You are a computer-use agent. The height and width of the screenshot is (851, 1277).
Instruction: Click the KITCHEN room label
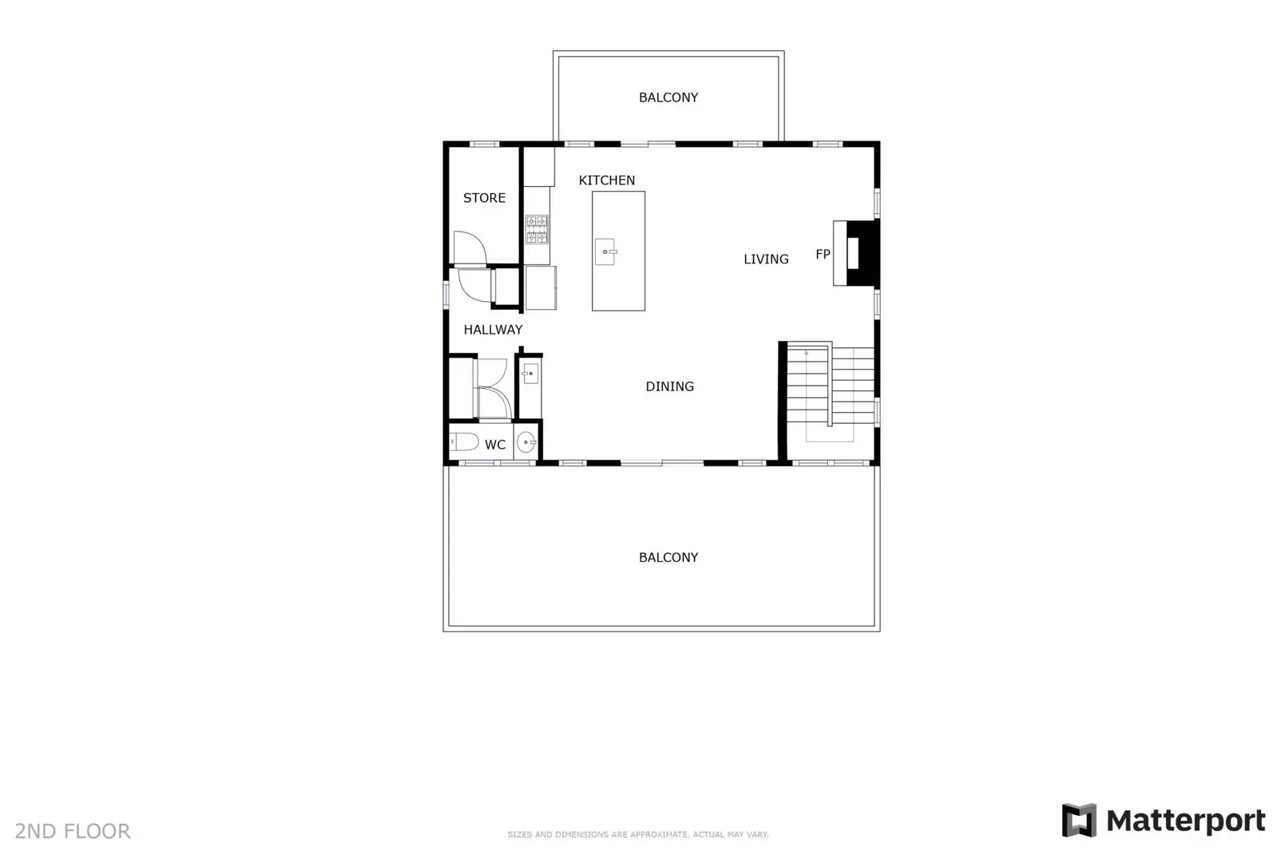pyautogui.click(x=606, y=180)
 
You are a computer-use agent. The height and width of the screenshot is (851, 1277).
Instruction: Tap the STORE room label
pyautogui.click(x=484, y=198)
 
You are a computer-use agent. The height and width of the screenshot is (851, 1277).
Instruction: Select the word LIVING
pyautogui.click(x=765, y=259)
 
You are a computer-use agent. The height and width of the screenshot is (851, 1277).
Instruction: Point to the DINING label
pyautogui.click(x=669, y=386)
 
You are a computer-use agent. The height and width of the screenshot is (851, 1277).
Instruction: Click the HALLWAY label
pyautogui.click(x=493, y=330)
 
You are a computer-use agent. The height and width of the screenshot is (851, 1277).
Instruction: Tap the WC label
pyautogui.click(x=494, y=445)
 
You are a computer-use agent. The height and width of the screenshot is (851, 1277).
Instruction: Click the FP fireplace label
pyautogui.click(x=823, y=255)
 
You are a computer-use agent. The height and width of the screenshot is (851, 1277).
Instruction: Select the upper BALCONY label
pyautogui.click(x=668, y=97)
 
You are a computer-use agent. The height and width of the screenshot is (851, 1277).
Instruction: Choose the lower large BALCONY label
pyautogui.click(x=668, y=557)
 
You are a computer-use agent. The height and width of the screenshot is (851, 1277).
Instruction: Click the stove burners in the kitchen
pyautogui.click(x=537, y=229)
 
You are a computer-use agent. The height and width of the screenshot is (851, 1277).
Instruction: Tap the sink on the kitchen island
pyautogui.click(x=605, y=251)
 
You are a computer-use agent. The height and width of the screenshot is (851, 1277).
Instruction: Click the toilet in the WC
pyautogui.click(x=463, y=441)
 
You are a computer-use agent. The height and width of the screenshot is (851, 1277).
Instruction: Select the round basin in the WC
pyautogui.click(x=525, y=441)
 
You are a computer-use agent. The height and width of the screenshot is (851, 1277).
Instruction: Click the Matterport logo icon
pyautogui.click(x=1078, y=820)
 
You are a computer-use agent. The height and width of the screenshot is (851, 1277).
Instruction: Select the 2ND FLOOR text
pyautogui.click(x=73, y=831)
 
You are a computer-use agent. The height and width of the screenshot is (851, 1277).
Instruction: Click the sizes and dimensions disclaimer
pyautogui.click(x=637, y=834)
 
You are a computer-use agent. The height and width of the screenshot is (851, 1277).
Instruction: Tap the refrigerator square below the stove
pyautogui.click(x=541, y=287)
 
